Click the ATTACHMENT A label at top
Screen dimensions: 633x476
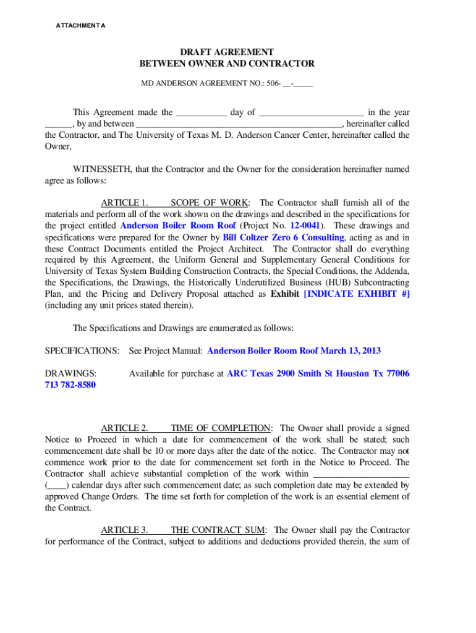(81, 25)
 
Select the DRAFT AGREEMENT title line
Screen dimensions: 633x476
(227, 52)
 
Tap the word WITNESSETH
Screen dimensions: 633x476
(101, 169)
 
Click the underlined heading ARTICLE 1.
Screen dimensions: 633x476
(124, 203)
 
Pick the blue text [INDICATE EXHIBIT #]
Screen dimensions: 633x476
(357, 294)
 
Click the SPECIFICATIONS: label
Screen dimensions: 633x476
(82, 350)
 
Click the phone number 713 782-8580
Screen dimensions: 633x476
(70, 385)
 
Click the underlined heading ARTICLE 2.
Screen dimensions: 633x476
(124, 428)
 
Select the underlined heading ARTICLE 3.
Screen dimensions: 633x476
(124, 530)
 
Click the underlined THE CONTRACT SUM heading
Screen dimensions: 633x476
(218, 530)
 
